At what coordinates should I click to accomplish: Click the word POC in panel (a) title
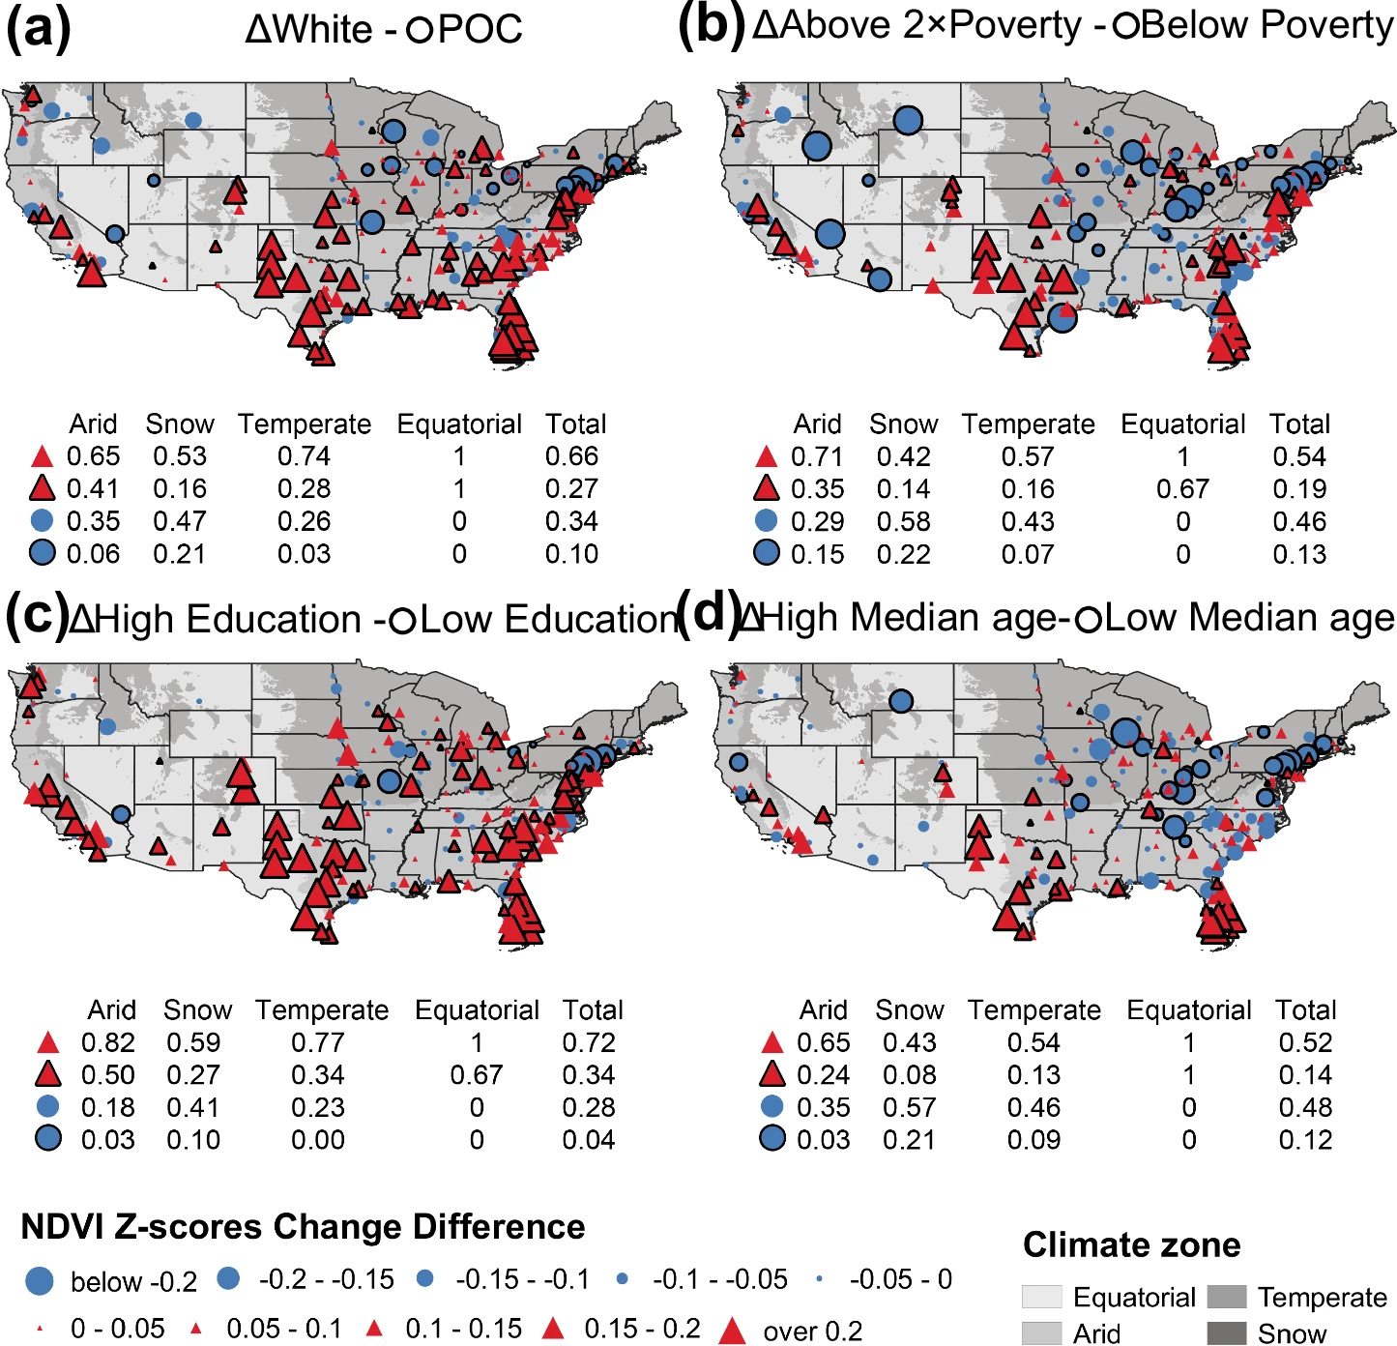[x=480, y=29]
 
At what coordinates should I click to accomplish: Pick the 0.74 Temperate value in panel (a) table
[x=304, y=456]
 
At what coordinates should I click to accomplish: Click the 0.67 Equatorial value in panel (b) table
[x=1182, y=489]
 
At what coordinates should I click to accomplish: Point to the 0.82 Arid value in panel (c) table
[x=107, y=1042]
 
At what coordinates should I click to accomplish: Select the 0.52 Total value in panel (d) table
[x=1305, y=1042]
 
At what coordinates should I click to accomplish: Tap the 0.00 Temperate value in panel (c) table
[x=318, y=1140]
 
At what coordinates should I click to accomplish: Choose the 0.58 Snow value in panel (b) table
[x=903, y=522]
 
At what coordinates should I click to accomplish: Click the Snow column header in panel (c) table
[x=197, y=1010]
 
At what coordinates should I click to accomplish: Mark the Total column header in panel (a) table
[x=575, y=424]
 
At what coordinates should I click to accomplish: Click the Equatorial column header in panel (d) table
[x=1188, y=1010]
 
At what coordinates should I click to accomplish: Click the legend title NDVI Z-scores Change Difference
[x=303, y=1226]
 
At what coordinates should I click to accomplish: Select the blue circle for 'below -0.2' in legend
[x=39, y=1281]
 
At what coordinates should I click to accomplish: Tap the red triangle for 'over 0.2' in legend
[x=733, y=1331]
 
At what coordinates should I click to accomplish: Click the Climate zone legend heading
[x=1131, y=1244]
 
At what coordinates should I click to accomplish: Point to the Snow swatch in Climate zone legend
[x=1227, y=1333]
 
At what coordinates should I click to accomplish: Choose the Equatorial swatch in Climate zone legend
[x=1041, y=1297]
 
